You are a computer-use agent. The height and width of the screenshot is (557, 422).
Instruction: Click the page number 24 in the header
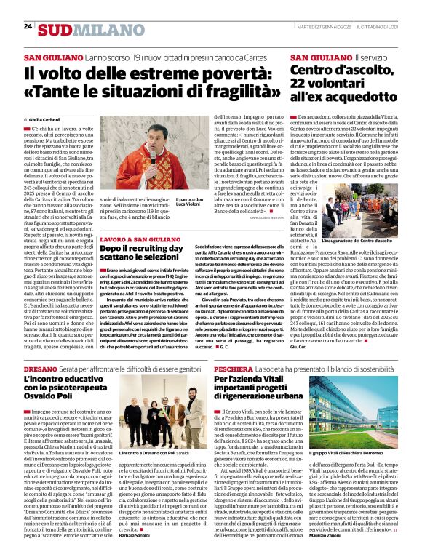[x=28, y=26]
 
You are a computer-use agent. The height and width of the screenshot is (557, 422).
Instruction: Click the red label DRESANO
[x=42, y=369]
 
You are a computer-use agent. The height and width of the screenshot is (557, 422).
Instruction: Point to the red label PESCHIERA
[x=234, y=369]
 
